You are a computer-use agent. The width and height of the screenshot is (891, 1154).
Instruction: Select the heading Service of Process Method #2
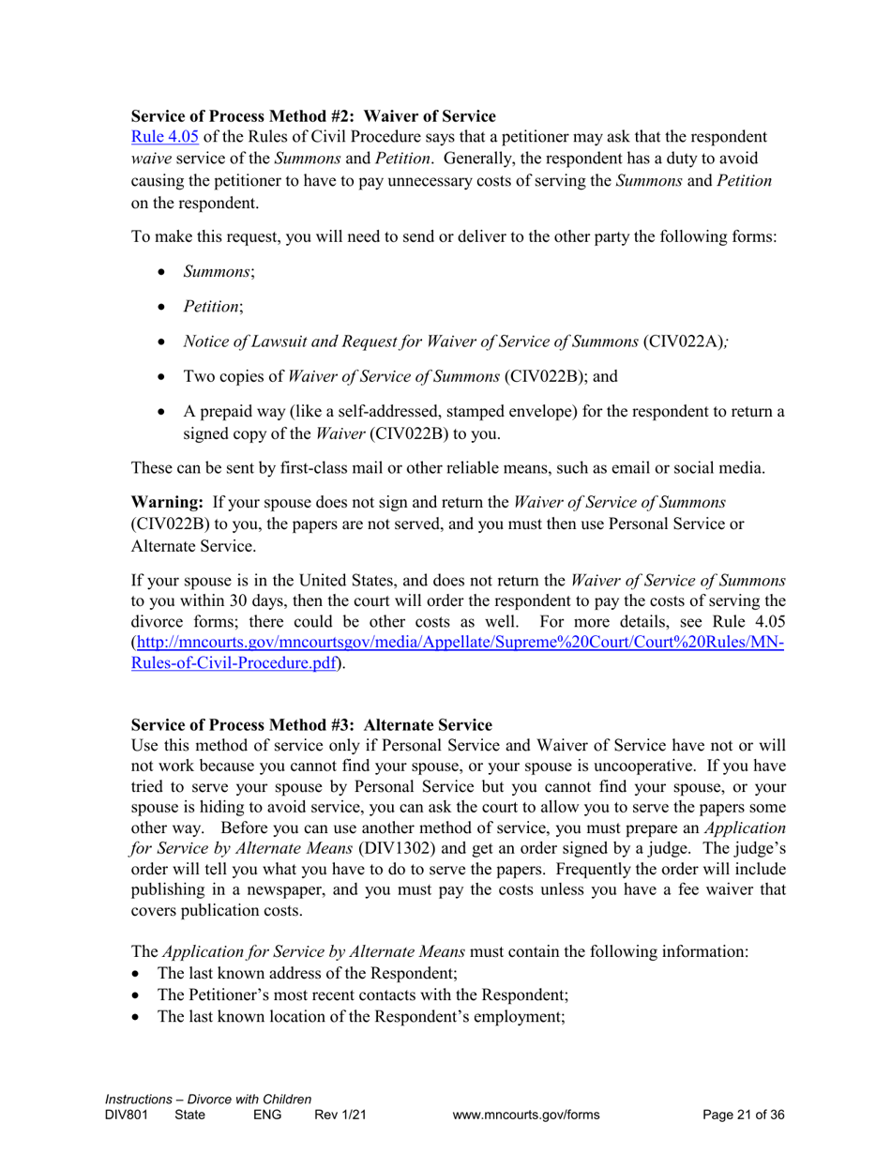(313, 116)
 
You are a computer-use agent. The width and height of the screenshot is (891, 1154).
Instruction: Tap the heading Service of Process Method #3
(310, 724)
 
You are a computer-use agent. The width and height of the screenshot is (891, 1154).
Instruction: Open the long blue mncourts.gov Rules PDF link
(460, 642)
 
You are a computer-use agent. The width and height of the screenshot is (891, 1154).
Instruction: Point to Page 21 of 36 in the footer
(743, 1116)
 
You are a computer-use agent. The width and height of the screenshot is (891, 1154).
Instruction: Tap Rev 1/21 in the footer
(340, 1116)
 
